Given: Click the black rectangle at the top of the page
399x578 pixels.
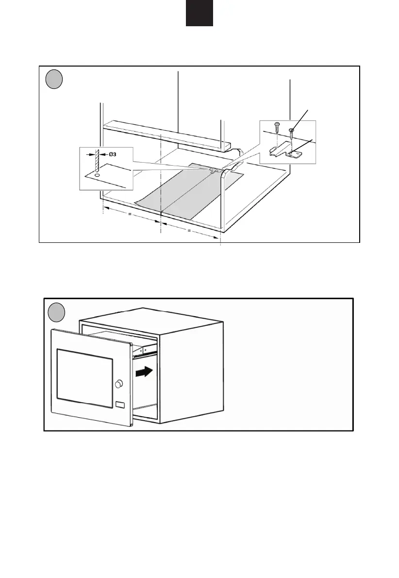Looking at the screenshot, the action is pos(199,13).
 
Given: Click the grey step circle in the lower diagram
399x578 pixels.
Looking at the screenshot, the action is pos(57,311).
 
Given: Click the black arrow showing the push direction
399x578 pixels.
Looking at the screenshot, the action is pos(145,373).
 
